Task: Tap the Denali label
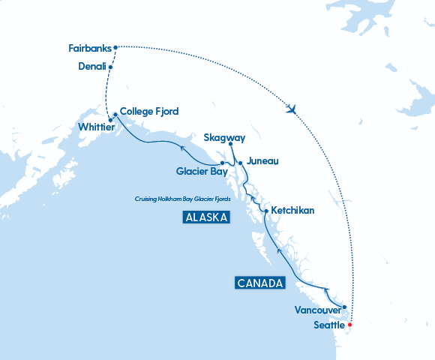tap(91, 67)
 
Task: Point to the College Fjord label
tap(149, 111)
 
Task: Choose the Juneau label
tap(262, 160)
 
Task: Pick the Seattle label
tap(328, 325)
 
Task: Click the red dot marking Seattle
tap(349, 325)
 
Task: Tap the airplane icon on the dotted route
tap(292, 109)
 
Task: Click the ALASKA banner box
tap(205, 217)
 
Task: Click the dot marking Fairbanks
tap(115, 48)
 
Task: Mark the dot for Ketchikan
tap(266, 211)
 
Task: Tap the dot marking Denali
tap(111, 67)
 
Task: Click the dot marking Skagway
tap(231, 144)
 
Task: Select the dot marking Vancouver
tap(344, 307)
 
